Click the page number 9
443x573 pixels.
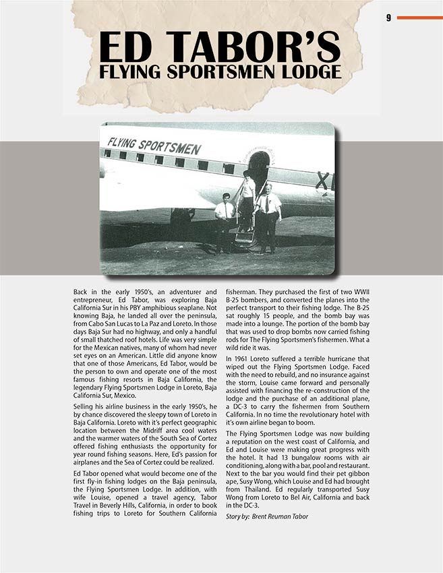[388, 18]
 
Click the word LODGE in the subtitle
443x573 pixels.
[307, 71]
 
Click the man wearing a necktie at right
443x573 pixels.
[268, 216]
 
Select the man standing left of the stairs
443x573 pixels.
[225, 219]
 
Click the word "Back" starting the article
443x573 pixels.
[82, 291]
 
